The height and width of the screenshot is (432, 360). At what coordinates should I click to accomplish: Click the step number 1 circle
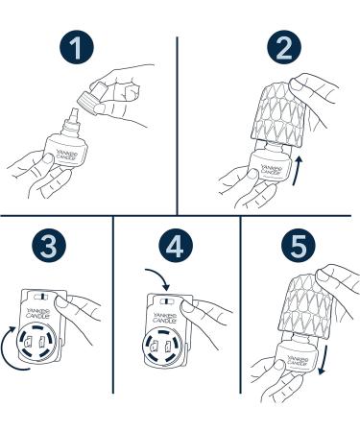coord(77,47)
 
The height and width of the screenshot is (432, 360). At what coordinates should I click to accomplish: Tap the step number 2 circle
coord(284,47)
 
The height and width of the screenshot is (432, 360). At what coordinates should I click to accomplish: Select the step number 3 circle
coord(49,246)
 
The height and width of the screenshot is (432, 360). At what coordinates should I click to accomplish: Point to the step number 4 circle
coord(176,246)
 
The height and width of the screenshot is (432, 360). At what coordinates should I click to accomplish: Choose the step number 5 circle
coord(299,246)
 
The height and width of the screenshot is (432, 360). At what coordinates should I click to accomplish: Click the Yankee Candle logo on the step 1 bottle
coord(66,154)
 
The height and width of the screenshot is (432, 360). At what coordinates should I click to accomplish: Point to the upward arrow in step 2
coord(298,170)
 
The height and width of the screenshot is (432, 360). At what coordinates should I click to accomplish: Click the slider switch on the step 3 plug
coord(41,297)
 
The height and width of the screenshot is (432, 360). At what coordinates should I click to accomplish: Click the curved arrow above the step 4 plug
coord(158,278)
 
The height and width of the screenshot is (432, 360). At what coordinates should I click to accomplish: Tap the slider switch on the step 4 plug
coord(166,301)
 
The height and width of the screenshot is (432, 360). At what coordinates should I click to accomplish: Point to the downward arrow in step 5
coord(324,359)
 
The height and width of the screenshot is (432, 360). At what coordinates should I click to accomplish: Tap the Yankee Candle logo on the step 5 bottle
coord(298,361)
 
